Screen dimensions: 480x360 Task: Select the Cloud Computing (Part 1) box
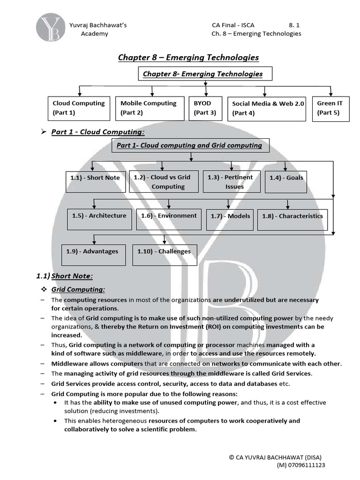(x=78, y=108)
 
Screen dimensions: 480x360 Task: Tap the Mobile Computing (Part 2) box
(x=148, y=108)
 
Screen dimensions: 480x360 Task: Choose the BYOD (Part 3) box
(x=204, y=108)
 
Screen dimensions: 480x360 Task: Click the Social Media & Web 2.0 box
(x=266, y=109)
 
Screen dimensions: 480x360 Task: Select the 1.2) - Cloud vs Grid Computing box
(x=162, y=182)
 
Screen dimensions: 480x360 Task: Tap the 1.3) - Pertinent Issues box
(x=232, y=182)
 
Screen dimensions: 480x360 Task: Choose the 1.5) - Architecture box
(x=99, y=219)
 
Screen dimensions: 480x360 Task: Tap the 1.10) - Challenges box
(x=164, y=255)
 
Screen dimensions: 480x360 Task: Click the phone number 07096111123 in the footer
(x=304, y=465)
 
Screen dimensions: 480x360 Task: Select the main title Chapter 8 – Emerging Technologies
(x=188, y=57)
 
